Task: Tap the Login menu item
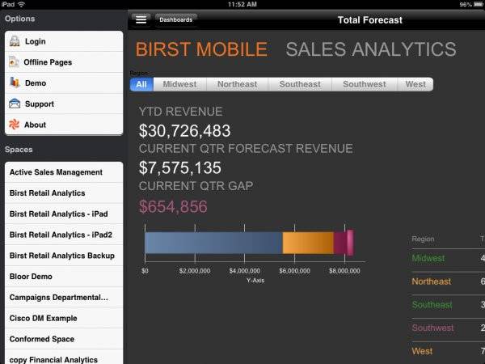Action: click(35, 41)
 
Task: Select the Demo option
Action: click(35, 83)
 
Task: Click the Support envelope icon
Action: click(15, 104)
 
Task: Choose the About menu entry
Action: click(35, 125)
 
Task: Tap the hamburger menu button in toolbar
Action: click(141, 19)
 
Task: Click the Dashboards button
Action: click(175, 19)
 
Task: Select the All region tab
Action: click(141, 84)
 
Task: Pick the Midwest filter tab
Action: click(179, 84)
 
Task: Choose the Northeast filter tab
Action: click(238, 84)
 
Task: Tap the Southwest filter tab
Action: click(364, 84)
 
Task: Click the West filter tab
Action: click(415, 84)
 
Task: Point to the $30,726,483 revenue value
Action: click(184, 130)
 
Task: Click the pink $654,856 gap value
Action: click(172, 206)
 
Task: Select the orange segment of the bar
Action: click(307, 243)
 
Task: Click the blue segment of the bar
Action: click(213, 243)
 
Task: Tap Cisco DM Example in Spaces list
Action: click(43, 319)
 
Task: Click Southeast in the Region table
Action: click(432, 305)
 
